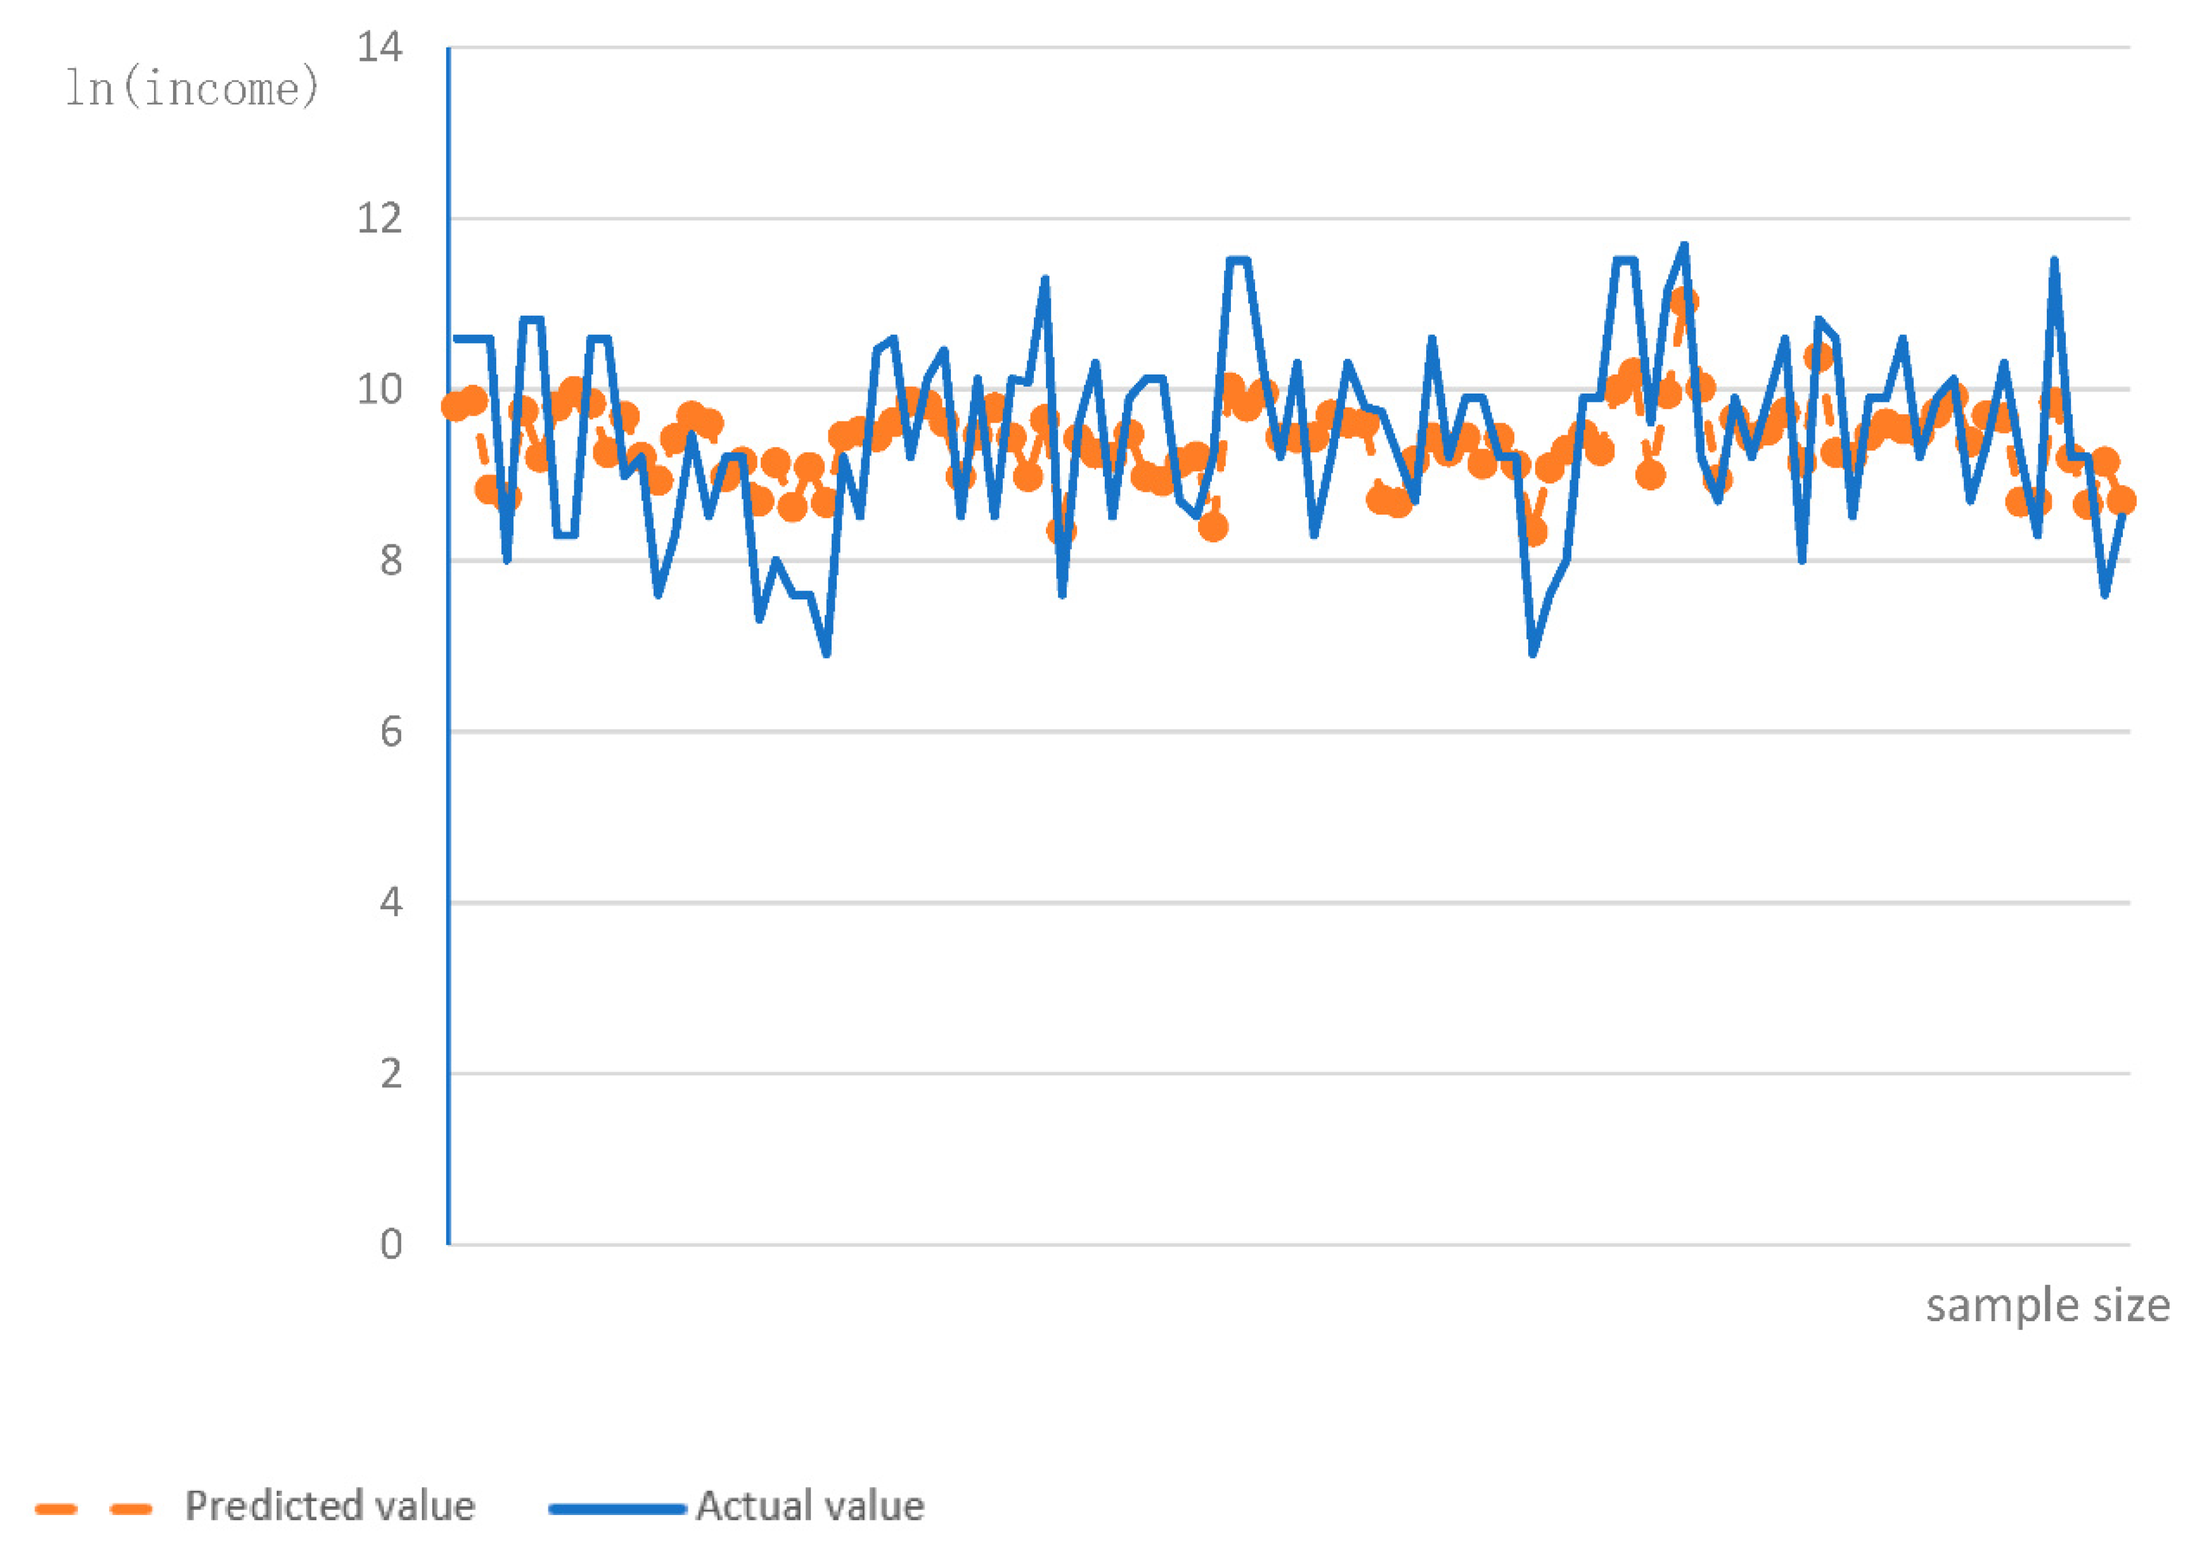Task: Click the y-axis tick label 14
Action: click(x=380, y=47)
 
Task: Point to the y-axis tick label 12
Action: click(x=380, y=219)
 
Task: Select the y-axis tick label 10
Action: click(x=380, y=389)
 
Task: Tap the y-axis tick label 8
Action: click(x=391, y=561)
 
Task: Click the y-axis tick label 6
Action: click(x=391, y=732)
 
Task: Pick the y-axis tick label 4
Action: click(x=391, y=902)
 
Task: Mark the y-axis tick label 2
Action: click(x=391, y=1074)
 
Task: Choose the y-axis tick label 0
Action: click(x=391, y=1244)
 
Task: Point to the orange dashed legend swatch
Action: click(x=93, y=1509)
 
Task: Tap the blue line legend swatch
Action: click(x=617, y=1509)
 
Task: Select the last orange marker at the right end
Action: click(x=2122, y=501)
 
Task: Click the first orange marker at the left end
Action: click(x=456, y=407)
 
